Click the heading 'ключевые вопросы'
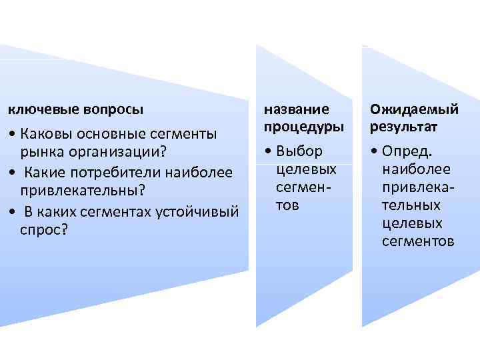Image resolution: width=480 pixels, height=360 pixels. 75,107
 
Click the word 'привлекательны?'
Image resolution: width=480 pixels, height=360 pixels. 82,192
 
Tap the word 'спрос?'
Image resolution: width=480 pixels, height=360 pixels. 44,231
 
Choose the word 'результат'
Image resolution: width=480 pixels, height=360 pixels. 399,126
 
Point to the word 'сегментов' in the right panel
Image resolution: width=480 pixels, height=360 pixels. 418,241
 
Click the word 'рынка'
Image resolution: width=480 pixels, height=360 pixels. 39,154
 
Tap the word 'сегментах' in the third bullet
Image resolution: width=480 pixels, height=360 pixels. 119,212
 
